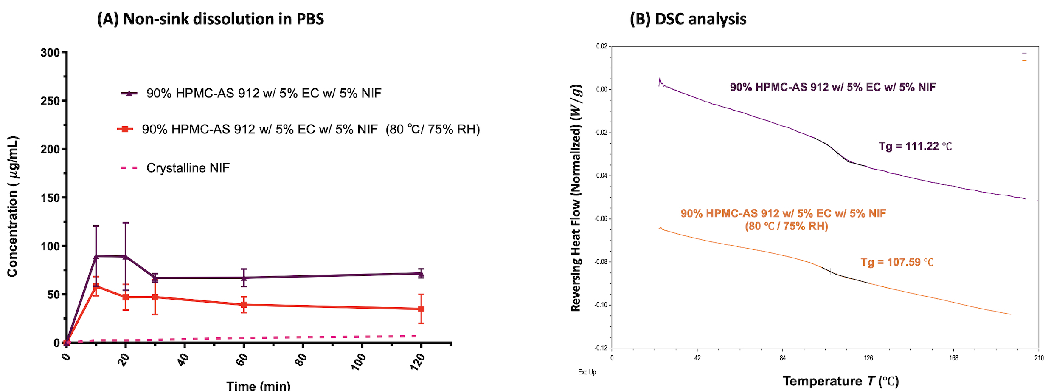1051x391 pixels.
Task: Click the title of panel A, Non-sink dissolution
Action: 211,19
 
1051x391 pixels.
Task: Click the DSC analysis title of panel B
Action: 688,19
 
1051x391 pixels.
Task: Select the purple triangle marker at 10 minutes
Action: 96,256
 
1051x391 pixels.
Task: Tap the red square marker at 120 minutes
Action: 421,309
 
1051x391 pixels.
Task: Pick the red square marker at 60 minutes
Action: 244,305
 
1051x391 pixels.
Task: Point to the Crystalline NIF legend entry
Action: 188,168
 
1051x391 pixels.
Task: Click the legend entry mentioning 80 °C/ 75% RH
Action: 311,129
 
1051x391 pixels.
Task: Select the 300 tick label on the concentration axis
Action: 50,53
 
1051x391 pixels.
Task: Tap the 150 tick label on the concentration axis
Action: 50,198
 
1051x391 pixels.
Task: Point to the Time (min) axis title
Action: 258,385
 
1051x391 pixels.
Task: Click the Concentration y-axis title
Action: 13,207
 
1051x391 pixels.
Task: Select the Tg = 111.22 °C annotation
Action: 915,147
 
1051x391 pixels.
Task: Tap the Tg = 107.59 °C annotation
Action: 897,262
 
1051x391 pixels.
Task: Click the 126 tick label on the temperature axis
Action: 868,358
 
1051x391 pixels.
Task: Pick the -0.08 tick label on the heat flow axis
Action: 601,262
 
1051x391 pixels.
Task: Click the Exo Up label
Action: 587,372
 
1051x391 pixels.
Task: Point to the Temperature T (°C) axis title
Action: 840,381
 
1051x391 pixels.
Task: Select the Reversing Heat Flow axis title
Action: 576,198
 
